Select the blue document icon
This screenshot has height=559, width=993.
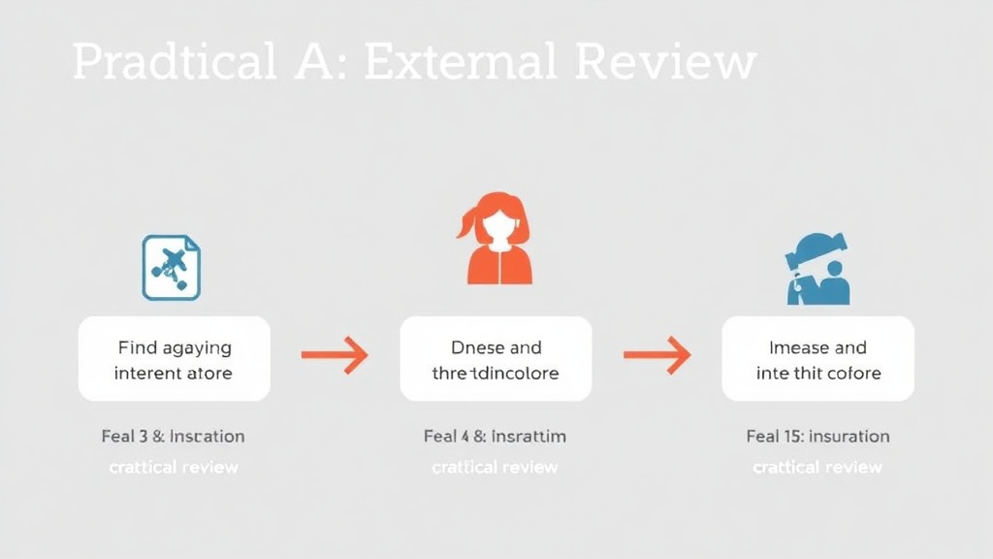(172, 267)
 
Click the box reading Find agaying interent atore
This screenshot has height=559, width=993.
(175, 359)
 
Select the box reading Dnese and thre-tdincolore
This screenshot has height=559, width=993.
(496, 359)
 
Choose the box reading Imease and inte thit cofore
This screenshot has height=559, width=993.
(817, 359)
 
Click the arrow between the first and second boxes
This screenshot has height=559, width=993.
(335, 355)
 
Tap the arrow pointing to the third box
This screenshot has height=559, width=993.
(657, 355)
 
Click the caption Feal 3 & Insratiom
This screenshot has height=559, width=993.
(173, 436)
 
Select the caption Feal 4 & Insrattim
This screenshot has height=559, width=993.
(495, 436)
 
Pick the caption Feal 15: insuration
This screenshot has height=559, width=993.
(817, 436)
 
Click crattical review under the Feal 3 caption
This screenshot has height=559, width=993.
(174, 467)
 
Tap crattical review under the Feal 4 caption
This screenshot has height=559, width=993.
(495, 467)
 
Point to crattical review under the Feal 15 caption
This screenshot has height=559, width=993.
(817, 467)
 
